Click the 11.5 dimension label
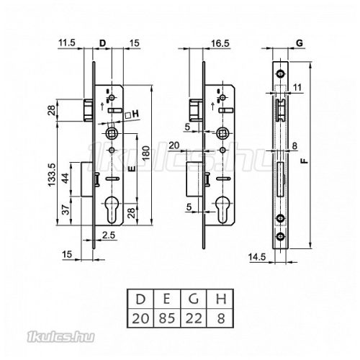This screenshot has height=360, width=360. coord(67,42)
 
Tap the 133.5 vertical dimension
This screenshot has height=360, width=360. coord(52,175)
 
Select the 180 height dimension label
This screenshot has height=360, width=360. coord(146,153)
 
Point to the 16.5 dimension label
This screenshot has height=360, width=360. coord(220,43)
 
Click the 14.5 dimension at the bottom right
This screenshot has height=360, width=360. coord(257,257)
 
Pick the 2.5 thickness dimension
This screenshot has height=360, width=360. coord(109,235)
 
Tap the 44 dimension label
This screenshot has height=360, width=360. coord(66,178)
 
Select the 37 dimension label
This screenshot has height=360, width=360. coord(66,210)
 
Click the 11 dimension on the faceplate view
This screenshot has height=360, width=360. coord(297,87)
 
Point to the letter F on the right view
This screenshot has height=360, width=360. coord(305,161)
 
